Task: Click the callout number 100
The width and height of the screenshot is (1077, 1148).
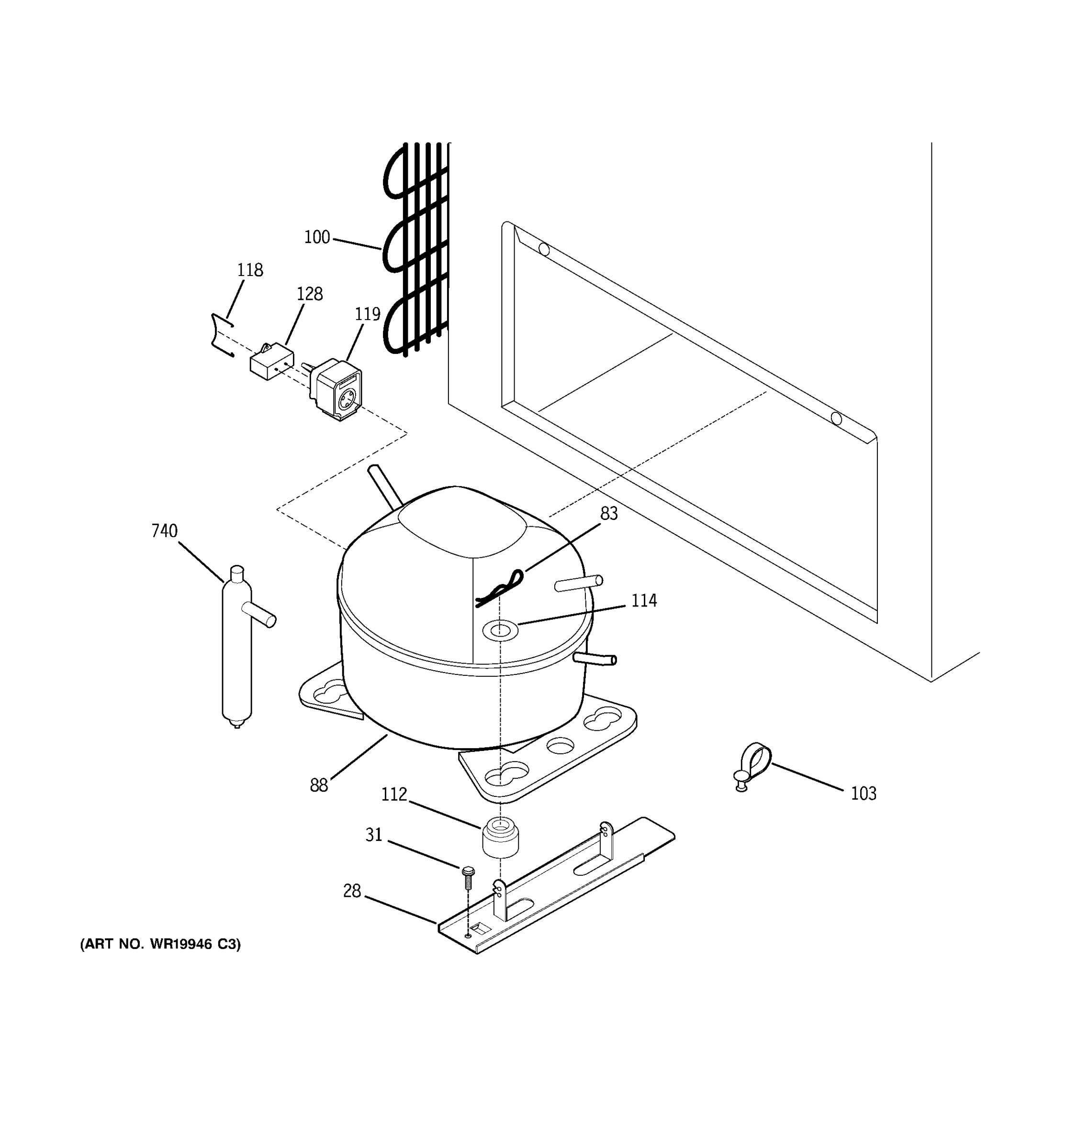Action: [x=316, y=237]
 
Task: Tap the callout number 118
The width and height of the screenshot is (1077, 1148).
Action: [x=249, y=270]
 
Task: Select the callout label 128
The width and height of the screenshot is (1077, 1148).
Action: [x=309, y=293]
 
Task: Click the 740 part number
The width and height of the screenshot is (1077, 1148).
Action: [x=164, y=530]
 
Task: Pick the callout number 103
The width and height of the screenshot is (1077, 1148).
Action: [x=863, y=794]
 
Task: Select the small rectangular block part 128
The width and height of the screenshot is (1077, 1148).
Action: [x=271, y=362]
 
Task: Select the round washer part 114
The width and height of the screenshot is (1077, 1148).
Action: [x=500, y=630]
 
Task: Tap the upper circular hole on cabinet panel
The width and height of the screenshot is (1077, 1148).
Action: [x=544, y=249]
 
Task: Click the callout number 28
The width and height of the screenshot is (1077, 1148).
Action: [x=351, y=891]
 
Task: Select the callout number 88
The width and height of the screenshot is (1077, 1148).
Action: [x=318, y=785]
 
